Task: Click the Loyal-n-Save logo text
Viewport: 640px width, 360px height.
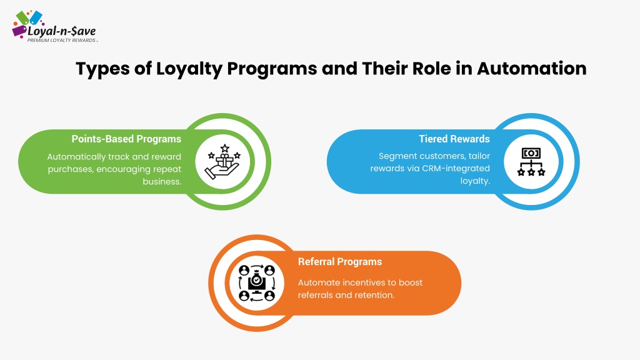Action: click(x=62, y=31)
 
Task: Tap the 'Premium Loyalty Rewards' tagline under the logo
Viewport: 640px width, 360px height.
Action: click(x=62, y=41)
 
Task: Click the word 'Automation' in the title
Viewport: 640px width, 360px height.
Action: click(x=531, y=68)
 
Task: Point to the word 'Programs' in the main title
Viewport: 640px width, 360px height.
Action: click(x=272, y=69)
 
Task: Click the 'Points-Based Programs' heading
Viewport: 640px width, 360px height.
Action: click(x=126, y=139)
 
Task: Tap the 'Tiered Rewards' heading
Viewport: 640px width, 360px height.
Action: click(x=454, y=139)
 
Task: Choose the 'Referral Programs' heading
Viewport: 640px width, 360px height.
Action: click(x=340, y=262)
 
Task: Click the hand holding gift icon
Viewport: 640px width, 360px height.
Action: click(x=223, y=162)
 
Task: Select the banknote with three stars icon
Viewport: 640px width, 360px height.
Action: click(x=531, y=162)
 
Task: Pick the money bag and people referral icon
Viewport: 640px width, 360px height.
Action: click(x=257, y=283)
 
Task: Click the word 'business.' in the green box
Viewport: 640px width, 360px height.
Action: click(x=162, y=182)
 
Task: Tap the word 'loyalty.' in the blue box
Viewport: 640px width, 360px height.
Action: click(x=475, y=181)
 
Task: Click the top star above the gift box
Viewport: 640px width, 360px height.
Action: click(x=225, y=148)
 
